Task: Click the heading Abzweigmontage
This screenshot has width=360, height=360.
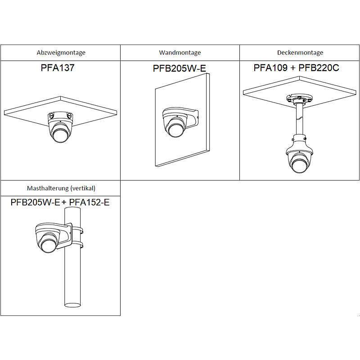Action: pyautogui.click(x=61, y=53)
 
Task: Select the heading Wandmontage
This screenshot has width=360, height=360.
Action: pyautogui.click(x=180, y=53)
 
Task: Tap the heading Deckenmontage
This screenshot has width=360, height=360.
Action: pyautogui.click(x=300, y=53)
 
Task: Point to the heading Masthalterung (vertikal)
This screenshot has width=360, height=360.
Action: pyautogui.click(x=61, y=188)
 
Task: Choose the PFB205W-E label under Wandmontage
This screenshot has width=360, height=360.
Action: pyautogui.click(x=180, y=69)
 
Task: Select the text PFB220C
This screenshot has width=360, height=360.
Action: pyautogui.click(x=319, y=68)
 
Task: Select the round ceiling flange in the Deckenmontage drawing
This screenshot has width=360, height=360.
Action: pyautogui.click(x=298, y=99)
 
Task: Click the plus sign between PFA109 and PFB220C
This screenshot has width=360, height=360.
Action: pyautogui.click(x=292, y=68)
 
